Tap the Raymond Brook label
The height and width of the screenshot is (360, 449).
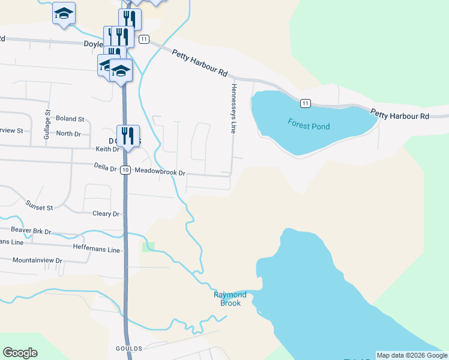231,299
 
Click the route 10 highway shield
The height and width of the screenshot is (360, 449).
125,170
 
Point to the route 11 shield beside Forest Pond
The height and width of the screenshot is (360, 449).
306,104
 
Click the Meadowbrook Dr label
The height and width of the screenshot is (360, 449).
160,172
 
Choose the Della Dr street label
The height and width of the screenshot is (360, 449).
105,168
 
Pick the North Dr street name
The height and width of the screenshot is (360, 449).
68,133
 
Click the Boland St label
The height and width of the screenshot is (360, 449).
70,119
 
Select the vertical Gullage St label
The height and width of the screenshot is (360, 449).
47,126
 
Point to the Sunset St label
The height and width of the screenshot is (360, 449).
39,206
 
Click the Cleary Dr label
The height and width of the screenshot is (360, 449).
106,214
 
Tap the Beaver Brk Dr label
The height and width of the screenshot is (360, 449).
31,230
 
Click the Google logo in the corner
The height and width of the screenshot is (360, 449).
20,353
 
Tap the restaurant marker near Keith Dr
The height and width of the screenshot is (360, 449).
128,135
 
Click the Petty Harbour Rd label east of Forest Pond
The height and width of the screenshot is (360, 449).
399,113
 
